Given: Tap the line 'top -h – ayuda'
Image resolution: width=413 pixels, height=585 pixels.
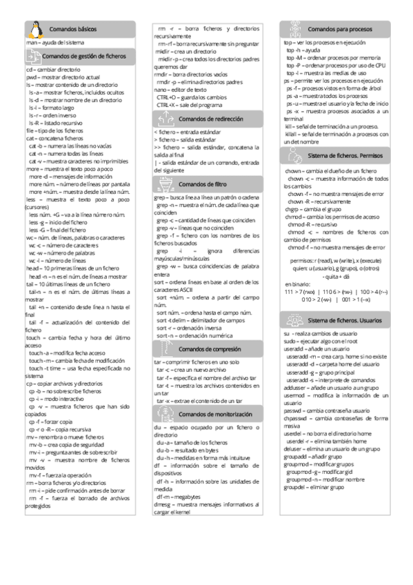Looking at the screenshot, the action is point(303,50).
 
